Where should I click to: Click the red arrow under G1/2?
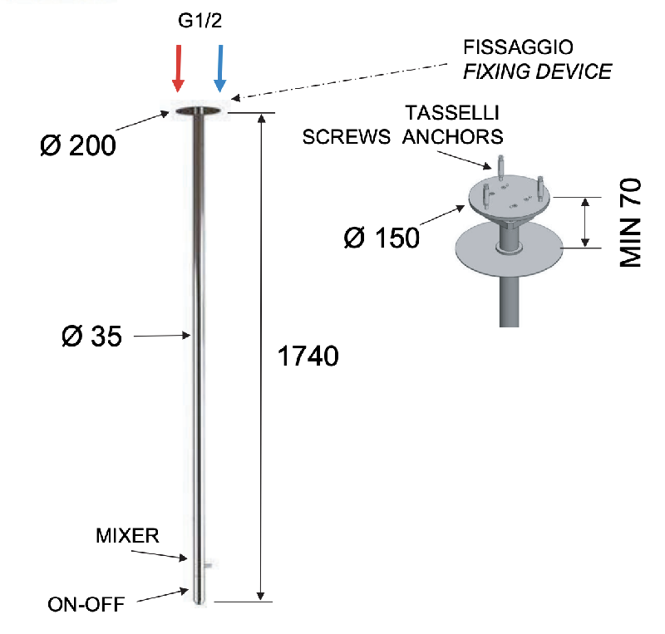(x=177, y=68)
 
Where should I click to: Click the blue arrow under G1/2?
(x=220, y=68)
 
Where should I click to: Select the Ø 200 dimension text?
(x=78, y=146)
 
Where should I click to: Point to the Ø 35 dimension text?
(x=91, y=337)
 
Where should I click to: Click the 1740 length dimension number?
(x=307, y=357)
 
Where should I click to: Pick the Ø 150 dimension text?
(x=382, y=238)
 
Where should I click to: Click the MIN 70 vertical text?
(x=633, y=222)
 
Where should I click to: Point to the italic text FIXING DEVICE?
(x=537, y=71)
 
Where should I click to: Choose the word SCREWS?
(x=347, y=137)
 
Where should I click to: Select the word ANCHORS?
(x=453, y=137)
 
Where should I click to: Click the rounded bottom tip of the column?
(x=199, y=597)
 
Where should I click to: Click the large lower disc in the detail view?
(x=510, y=248)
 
